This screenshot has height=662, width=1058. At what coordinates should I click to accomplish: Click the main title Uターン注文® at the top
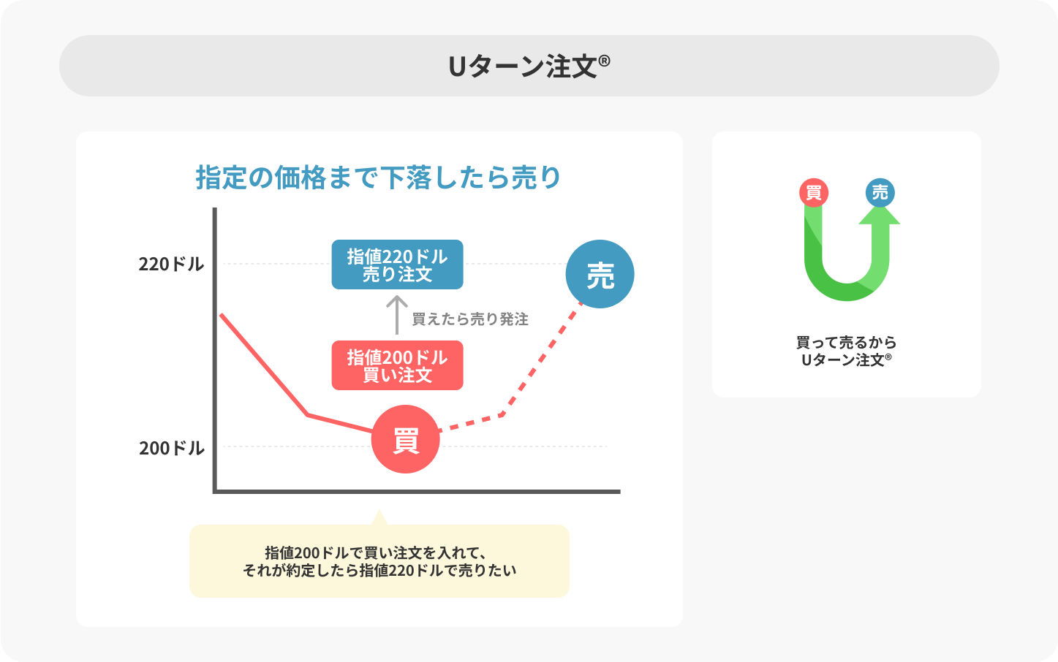tap(529, 66)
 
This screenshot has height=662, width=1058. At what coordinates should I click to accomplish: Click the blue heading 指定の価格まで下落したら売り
tap(378, 178)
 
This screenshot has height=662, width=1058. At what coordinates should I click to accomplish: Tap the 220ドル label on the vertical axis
tap(171, 264)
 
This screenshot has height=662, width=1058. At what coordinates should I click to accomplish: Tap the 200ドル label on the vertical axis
tap(171, 448)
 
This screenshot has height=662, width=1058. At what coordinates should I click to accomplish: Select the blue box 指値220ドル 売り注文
tap(397, 265)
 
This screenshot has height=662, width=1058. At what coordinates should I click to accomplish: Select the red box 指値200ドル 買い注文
tap(397, 365)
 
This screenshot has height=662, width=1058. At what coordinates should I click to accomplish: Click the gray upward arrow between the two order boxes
tap(396, 314)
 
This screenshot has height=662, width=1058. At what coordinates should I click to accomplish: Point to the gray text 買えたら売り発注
tap(469, 319)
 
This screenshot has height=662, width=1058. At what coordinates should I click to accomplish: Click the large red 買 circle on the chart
tap(405, 439)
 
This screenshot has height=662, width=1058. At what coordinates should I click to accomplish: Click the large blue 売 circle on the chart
tap(600, 274)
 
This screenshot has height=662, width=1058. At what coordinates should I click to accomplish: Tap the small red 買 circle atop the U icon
tap(814, 193)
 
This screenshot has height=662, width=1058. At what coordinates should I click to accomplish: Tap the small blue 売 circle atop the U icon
tap(880, 192)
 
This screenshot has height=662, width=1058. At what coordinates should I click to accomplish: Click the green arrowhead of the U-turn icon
tap(879, 215)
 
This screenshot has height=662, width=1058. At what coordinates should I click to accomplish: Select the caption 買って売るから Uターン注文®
tap(846, 351)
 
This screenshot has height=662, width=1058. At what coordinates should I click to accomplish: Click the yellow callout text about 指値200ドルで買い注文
tap(379, 561)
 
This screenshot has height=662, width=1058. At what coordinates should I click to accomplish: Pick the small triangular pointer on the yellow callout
tap(379, 518)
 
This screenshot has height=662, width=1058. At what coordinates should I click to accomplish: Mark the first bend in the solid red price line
tap(308, 415)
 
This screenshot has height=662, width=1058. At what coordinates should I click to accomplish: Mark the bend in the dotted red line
tap(502, 414)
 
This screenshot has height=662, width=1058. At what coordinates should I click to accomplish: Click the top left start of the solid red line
tap(222, 315)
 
